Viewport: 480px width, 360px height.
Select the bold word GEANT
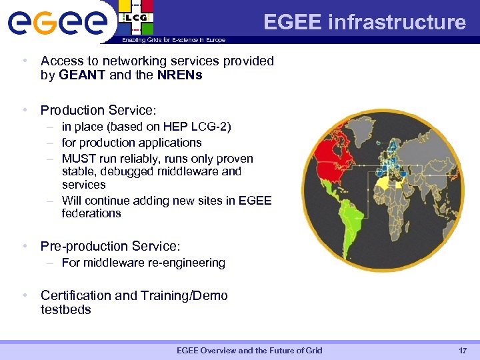tap(82, 75)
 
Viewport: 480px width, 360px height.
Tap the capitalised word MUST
tap(76, 159)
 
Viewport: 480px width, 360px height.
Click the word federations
tap(91, 213)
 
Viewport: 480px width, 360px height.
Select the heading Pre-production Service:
tap(110, 246)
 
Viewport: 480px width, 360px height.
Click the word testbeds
tap(65, 309)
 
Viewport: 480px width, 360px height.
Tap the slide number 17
tap(463, 351)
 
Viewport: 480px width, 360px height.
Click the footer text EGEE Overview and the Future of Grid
tap(249, 351)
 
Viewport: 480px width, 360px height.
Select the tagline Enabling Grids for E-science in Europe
tap(173, 40)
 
